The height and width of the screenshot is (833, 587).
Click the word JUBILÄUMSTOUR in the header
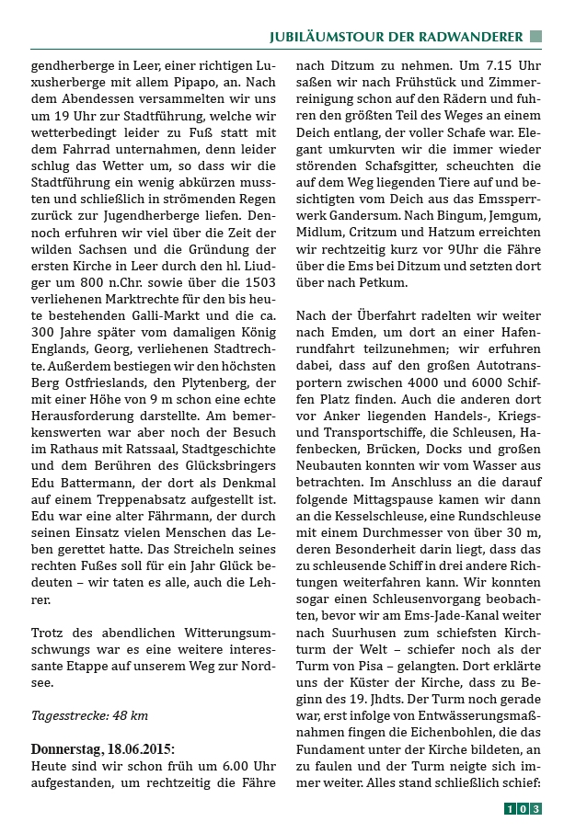click(x=320, y=37)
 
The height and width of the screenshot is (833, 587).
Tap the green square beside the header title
click(x=535, y=37)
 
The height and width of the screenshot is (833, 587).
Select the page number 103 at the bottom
click(x=523, y=809)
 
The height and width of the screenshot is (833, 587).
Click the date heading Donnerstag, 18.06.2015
click(x=103, y=749)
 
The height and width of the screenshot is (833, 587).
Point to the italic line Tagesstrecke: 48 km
click(x=89, y=714)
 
